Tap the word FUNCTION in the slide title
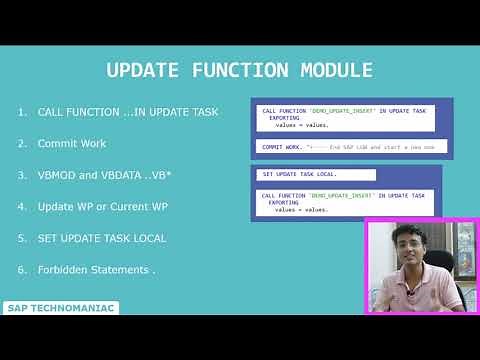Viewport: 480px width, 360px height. point(234,70)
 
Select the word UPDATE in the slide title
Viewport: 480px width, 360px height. point(143,70)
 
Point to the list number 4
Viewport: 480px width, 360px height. point(21,206)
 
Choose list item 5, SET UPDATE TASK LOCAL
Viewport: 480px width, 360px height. point(102,238)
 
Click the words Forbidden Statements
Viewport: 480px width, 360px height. point(96,270)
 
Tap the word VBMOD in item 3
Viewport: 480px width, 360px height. point(56,175)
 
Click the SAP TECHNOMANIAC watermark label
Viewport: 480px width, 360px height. point(61,308)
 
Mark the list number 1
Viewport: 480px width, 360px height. point(21,111)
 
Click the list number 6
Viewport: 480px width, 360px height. point(21,270)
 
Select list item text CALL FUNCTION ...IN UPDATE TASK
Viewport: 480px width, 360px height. point(127,111)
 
